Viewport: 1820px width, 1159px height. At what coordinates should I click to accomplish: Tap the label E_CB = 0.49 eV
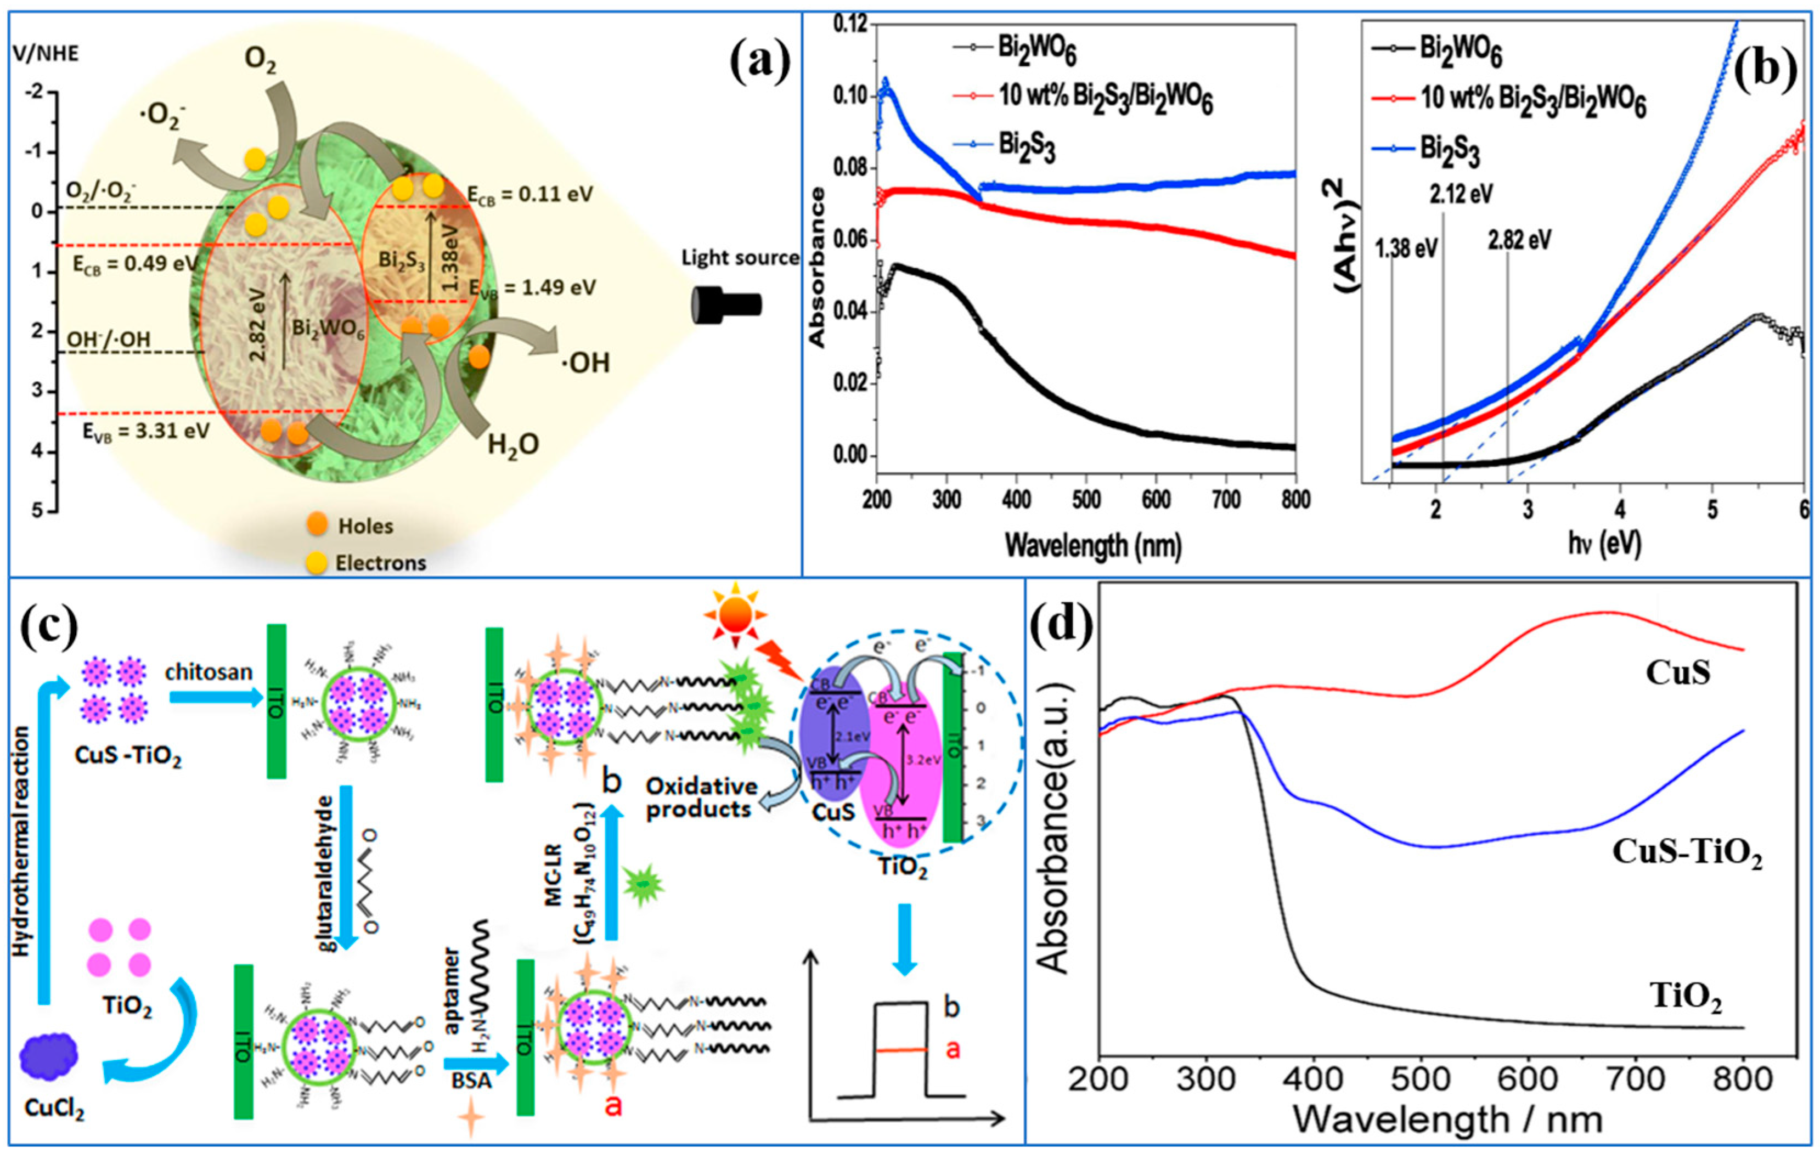tap(134, 264)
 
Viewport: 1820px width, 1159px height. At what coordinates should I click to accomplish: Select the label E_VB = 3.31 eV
tap(145, 432)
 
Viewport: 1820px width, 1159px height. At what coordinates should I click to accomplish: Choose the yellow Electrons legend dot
tap(316, 562)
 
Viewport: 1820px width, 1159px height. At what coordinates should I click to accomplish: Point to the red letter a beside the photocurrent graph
tap(953, 1049)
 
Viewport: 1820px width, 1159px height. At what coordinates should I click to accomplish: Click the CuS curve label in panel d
tap(1677, 672)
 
